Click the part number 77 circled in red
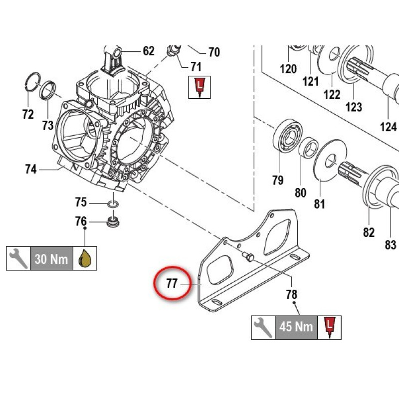click(172, 283)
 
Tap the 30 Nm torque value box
click(52, 258)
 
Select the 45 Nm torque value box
click(296, 328)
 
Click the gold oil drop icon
click(85, 258)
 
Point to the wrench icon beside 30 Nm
click(18, 258)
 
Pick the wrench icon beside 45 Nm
click(263, 328)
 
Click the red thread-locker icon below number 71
click(199, 87)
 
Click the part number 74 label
click(31, 169)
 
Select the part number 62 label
click(149, 51)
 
